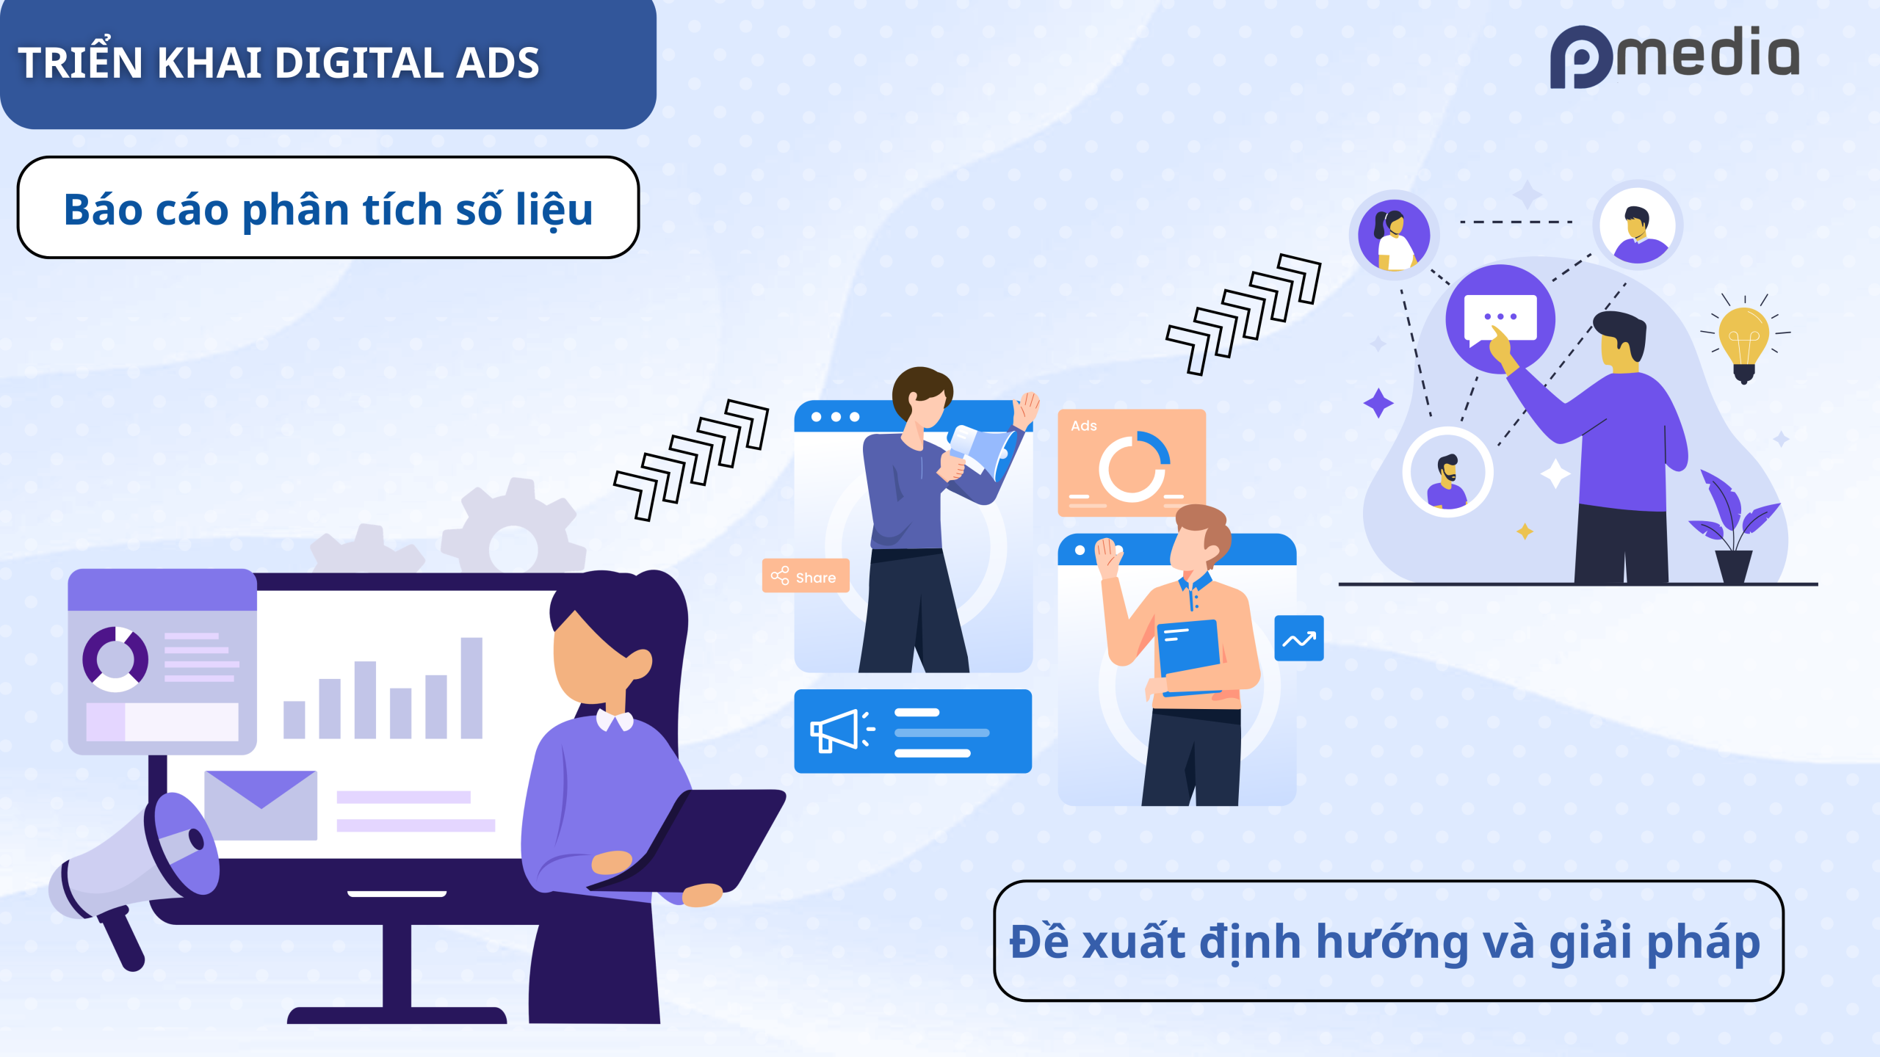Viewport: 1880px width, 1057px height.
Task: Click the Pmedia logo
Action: [1674, 57]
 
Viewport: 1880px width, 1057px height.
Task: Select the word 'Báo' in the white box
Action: [104, 210]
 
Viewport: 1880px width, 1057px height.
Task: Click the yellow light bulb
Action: [1744, 339]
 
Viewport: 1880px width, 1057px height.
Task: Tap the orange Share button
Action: [806, 576]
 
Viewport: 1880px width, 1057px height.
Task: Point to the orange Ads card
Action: [1132, 462]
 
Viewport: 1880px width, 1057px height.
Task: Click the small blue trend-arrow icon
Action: [1298, 639]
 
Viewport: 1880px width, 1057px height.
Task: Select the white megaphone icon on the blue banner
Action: [842, 730]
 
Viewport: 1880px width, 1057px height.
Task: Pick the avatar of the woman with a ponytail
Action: [1393, 235]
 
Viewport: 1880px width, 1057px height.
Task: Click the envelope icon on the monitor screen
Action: [261, 805]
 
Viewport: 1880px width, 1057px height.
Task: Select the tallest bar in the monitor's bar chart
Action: [471, 688]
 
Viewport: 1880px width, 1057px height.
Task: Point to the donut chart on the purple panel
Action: [115, 658]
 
